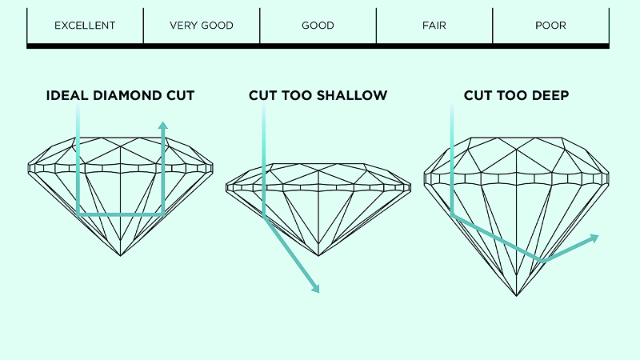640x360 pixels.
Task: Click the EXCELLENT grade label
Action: click(x=85, y=26)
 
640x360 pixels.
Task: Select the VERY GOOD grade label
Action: click(x=202, y=26)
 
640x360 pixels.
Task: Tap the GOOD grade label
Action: click(x=318, y=26)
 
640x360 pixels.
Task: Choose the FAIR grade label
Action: click(x=434, y=26)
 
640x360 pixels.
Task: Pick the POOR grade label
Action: click(x=550, y=26)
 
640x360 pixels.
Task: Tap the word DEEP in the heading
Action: click(x=550, y=96)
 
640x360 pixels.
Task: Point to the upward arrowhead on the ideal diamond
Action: click(x=163, y=126)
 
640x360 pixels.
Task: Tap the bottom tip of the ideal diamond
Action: click(x=121, y=255)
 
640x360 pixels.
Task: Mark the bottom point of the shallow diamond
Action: click(x=318, y=255)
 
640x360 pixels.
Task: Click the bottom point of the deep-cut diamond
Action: click(x=517, y=296)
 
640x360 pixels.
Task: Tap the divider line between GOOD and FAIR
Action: click(x=376, y=26)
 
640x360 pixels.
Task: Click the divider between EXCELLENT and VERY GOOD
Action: click(x=143, y=26)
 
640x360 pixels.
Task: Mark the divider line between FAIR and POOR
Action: click(x=492, y=26)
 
